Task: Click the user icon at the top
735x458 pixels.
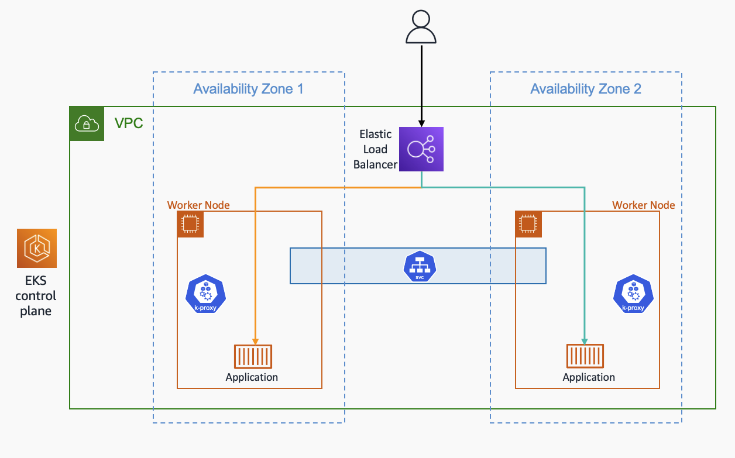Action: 421,27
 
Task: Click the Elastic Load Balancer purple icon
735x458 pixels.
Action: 421,149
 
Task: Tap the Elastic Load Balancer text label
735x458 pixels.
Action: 375,149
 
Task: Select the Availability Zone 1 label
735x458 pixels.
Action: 248,89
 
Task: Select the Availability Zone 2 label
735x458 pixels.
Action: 585,89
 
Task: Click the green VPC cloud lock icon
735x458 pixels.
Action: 87,123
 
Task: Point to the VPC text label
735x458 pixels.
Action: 129,123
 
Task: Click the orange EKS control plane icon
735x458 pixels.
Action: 37,248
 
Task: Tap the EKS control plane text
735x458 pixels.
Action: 36,296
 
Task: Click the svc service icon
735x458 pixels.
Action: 420,266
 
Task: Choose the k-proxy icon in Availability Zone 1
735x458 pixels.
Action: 205,294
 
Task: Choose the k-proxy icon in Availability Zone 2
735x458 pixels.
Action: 633,294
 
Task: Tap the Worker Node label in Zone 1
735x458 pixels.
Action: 198,205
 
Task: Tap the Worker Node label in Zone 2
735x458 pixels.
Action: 643,205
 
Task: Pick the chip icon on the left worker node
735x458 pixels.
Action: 190,224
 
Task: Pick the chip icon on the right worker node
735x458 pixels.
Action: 528,224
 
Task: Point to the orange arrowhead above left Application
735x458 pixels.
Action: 255,341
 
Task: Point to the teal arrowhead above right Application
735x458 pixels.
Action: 585,341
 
